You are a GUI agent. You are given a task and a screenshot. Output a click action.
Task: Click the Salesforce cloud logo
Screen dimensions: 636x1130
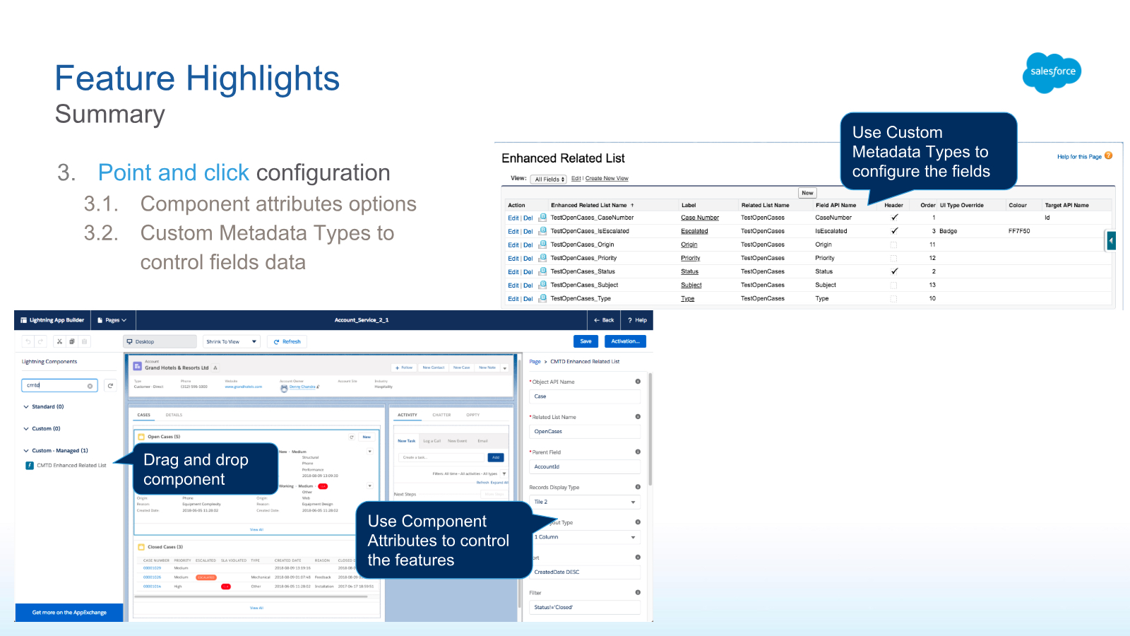pos(1052,72)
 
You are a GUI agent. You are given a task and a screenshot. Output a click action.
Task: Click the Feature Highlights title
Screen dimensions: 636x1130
pos(197,78)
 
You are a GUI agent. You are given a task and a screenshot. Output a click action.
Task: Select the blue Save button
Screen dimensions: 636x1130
pos(585,341)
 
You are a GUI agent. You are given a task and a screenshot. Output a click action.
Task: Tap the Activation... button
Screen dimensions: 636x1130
pos(625,341)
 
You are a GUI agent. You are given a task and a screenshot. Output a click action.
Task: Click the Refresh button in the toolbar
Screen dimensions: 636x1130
pos(287,341)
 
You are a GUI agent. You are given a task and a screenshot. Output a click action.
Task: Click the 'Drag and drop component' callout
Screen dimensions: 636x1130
pos(205,469)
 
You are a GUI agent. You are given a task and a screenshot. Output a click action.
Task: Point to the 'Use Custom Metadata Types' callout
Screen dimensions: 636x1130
pos(927,152)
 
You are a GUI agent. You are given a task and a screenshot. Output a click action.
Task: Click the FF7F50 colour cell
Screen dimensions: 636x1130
pos(1019,231)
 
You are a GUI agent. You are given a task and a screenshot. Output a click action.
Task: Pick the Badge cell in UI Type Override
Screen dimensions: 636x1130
pos(948,231)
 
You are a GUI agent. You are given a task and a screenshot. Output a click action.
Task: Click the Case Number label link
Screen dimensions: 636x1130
pos(699,218)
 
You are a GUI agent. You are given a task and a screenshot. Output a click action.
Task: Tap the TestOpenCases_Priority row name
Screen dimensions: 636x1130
pos(583,258)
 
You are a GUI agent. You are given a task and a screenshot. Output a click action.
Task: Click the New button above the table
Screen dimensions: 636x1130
pos(807,193)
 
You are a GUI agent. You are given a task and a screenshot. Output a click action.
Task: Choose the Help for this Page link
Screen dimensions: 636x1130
pos(1079,157)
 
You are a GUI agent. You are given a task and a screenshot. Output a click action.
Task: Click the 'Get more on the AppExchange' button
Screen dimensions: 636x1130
pos(69,613)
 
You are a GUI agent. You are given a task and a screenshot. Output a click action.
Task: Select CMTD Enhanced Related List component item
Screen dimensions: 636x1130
pos(71,466)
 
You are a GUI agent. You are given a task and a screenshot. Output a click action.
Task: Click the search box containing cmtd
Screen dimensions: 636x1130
pos(56,385)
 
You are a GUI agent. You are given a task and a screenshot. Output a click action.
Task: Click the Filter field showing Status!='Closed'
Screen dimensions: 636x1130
pos(584,607)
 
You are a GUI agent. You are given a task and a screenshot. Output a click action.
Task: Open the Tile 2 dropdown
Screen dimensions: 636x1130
pos(584,502)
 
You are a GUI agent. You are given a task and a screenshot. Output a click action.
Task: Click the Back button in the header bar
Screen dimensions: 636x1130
pos(604,320)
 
